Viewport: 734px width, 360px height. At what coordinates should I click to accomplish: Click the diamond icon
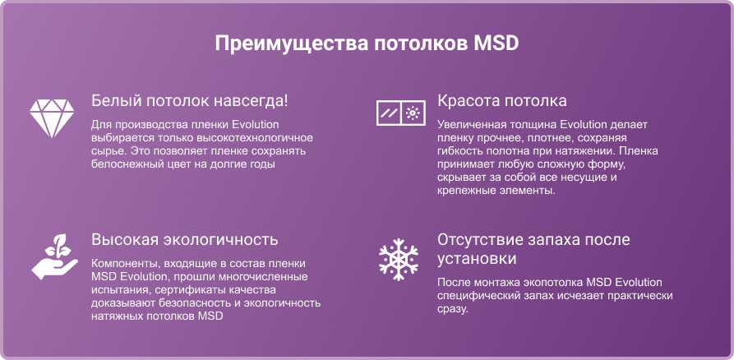pos(52,118)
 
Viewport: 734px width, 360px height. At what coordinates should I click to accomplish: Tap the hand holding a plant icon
pos(54,256)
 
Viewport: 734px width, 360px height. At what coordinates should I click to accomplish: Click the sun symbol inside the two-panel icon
pos(413,113)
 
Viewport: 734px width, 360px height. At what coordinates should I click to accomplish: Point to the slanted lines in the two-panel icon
pos(389,113)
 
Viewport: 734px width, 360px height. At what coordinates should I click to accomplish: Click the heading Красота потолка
pos(502,100)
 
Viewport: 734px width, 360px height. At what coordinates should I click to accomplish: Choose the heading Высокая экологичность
pos(185,239)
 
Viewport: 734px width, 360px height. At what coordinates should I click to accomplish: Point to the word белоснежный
pos(125,164)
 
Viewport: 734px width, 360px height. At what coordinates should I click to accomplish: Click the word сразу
pos(453,309)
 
